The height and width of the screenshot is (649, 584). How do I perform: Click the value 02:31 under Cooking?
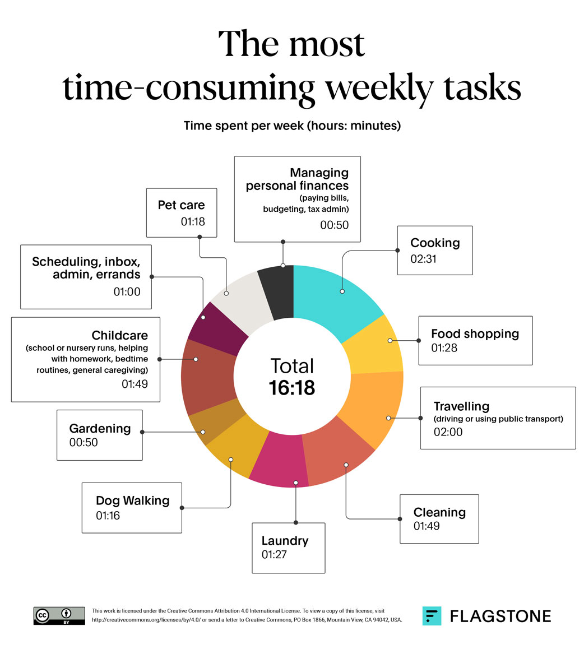click(423, 259)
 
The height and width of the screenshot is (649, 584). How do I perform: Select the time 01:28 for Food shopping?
click(444, 348)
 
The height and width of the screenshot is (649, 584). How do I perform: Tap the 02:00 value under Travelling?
click(448, 432)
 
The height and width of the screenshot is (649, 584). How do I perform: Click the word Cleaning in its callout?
click(439, 512)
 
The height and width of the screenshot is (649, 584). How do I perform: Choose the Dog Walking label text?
click(132, 500)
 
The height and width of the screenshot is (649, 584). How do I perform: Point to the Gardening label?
click(100, 428)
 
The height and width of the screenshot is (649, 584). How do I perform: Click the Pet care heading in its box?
click(181, 205)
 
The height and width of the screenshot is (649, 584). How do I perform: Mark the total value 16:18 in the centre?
click(292, 387)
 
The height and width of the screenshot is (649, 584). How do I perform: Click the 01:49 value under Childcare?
click(135, 384)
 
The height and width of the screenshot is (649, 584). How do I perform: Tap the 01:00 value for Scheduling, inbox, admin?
click(127, 291)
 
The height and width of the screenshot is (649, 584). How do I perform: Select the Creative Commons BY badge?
click(59, 615)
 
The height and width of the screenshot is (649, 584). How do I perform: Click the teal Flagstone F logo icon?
click(432, 616)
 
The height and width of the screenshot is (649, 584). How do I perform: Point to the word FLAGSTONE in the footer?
click(500, 616)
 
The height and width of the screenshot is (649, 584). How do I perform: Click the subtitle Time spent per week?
click(292, 126)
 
